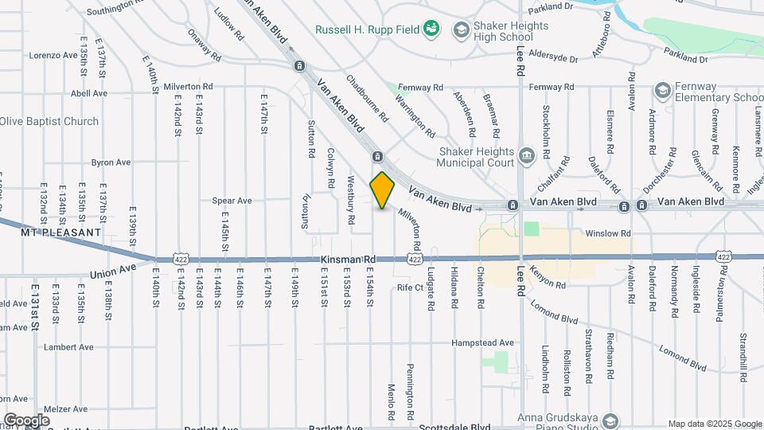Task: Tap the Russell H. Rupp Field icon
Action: (x=431, y=29)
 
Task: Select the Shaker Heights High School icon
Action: (x=460, y=30)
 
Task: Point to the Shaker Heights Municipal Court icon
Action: (x=525, y=154)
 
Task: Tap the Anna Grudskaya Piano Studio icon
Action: (x=610, y=420)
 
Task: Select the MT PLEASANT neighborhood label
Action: (x=61, y=233)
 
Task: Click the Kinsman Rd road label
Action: (x=348, y=260)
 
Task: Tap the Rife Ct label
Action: (x=410, y=287)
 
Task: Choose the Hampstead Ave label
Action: (x=482, y=342)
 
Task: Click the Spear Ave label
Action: (x=232, y=201)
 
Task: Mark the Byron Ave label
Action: (x=111, y=162)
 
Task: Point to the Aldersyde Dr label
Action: (x=547, y=58)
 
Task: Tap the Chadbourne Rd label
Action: (x=366, y=98)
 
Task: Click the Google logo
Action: (x=26, y=420)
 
